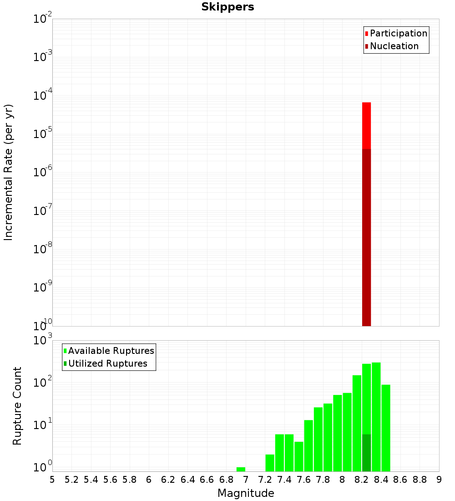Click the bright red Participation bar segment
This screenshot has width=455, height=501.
click(x=366, y=125)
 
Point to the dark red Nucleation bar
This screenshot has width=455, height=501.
click(x=366, y=237)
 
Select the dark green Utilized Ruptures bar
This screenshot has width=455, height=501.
click(x=366, y=453)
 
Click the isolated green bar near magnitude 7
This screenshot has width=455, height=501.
click(x=241, y=469)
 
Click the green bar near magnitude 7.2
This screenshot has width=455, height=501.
click(x=270, y=463)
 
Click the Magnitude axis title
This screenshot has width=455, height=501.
click(x=246, y=493)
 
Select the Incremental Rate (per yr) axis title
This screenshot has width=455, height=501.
click(x=9, y=172)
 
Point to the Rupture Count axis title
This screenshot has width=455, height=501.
click(x=17, y=406)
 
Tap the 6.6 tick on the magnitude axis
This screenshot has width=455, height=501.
click(x=207, y=480)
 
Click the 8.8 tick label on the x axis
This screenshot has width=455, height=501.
click(x=420, y=480)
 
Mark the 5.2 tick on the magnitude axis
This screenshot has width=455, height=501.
click(x=71, y=480)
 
